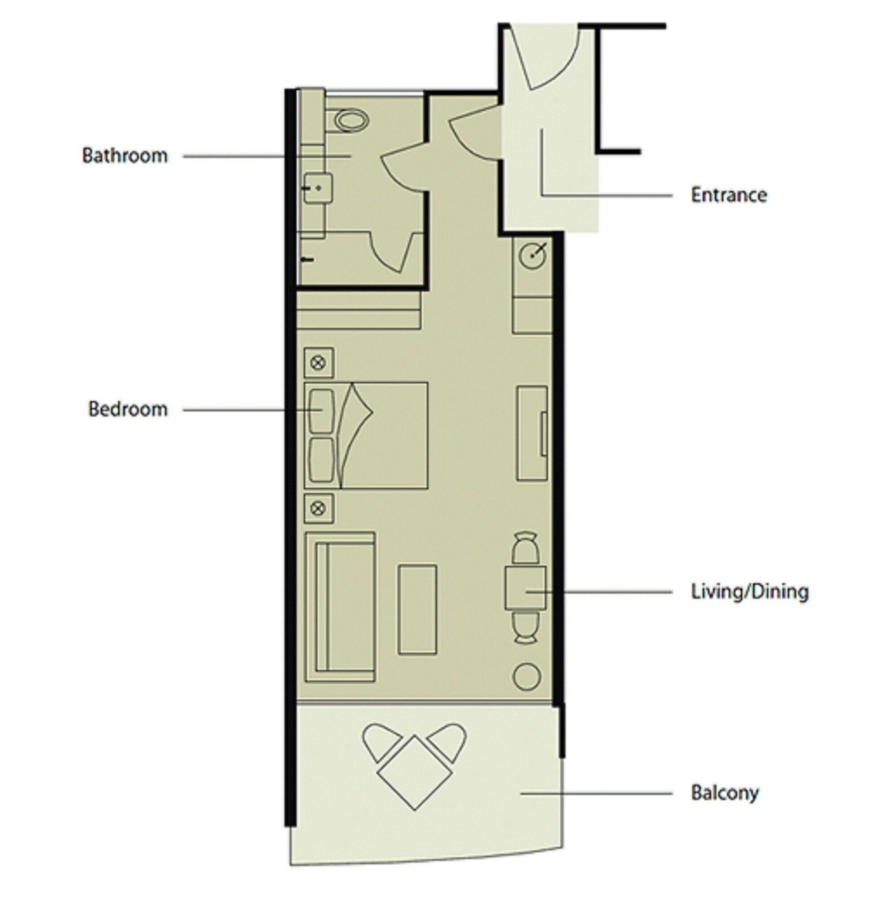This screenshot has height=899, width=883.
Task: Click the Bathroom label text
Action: tap(125, 156)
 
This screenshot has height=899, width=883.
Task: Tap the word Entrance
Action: tap(728, 195)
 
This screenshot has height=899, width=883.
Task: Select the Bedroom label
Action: tap(128, 409)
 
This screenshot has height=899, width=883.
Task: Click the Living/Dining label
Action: tap(750, 592)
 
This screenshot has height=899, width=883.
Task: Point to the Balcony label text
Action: tap(724, 793)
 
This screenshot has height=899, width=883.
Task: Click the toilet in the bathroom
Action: tap(351, 120)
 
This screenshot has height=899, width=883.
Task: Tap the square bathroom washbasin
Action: tap(318, 188)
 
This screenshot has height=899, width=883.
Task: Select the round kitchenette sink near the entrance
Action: tap(532, 255)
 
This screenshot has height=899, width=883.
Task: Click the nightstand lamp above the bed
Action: tap(318, 363)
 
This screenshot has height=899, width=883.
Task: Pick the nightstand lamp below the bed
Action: tap(318, 509)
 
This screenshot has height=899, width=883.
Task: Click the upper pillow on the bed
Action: tap(321, 411)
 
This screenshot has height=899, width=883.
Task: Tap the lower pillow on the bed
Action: tap(321, 460)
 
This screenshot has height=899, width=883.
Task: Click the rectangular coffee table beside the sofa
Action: tap(417, 610)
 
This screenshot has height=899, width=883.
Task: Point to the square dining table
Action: tap(525, 588)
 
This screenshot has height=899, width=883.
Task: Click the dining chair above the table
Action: tap(525, 549)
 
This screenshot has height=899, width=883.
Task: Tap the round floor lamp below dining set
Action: tap(526, 676)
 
